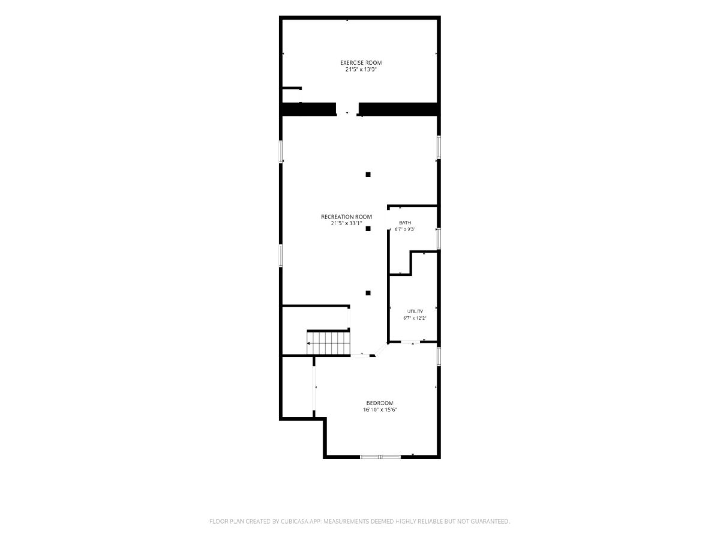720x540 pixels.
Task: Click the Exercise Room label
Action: (361, 62)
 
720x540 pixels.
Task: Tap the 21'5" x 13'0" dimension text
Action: (361, 70)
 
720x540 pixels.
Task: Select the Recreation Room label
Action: (346, 217)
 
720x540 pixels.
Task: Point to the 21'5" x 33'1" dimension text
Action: (346, 223)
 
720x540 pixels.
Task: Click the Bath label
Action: (405, 223)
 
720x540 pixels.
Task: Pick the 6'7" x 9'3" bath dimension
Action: (405, 230)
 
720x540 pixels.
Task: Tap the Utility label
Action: (415, 311)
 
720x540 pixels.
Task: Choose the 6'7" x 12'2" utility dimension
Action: (415, 318)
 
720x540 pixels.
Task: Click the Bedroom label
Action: (380, 403)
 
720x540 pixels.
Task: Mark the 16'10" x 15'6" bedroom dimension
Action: (380, 410)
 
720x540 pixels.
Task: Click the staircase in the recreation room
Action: (329, 343)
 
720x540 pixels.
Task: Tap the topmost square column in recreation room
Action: (368, 175)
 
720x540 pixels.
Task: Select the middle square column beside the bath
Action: (368, 229)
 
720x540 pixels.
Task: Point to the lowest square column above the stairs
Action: (368, 293)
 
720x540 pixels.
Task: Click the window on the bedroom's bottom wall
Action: (380, 457)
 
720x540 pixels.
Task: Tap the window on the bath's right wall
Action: (439, 239)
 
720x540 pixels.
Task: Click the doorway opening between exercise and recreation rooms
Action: (347, 109)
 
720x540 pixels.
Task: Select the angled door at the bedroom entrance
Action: (381, 350)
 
